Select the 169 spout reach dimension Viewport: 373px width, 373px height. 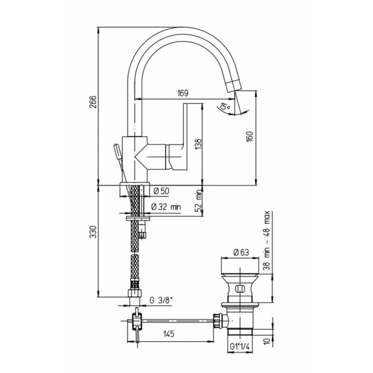[182, 93]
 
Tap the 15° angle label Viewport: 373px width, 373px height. [225, 106]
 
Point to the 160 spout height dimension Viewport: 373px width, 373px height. [250, 137]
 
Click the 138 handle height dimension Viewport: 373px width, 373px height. [198, 144]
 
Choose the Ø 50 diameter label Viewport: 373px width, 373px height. [161, 191]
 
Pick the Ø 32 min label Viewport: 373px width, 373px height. [166, 207]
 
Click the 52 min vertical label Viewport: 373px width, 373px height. [199, 201]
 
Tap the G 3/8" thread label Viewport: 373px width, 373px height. [161, 300]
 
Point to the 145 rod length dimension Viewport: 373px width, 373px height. [169, 334]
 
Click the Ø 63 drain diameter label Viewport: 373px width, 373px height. [241, 252]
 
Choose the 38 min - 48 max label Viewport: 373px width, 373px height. [267, 240]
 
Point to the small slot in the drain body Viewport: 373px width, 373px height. [240, 289]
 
